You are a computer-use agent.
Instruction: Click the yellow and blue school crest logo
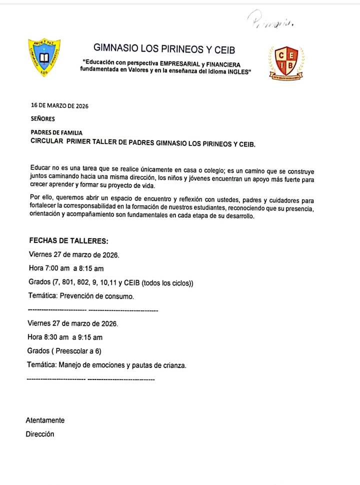[44, 58]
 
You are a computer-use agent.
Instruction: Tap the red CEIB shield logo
[287, 63]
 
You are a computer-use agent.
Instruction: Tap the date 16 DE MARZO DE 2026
[59, 105]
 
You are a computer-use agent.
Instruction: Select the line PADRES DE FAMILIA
[56, 132]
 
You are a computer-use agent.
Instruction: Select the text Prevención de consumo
[97, 296]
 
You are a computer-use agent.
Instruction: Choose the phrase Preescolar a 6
[78, 351]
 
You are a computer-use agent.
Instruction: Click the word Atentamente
[45, 420]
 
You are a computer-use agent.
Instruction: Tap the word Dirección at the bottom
[40, 434]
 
